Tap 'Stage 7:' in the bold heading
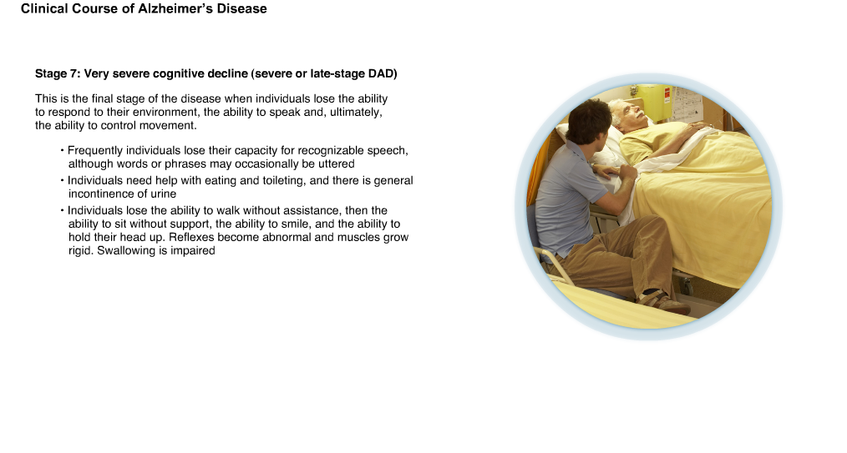[x=58, y=74]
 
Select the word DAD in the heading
[x=381, y=74]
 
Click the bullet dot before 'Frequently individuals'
[x=63, y=150]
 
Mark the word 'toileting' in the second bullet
[x=284, y=181]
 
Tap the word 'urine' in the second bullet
[x=164, y=194]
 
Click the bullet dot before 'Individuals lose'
[x=63, y=210]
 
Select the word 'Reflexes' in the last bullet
[x=191, y=237]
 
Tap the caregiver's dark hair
[x=588, y=120]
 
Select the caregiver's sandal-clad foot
[x=664, y=301]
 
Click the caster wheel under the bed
[x=686, y=284]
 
